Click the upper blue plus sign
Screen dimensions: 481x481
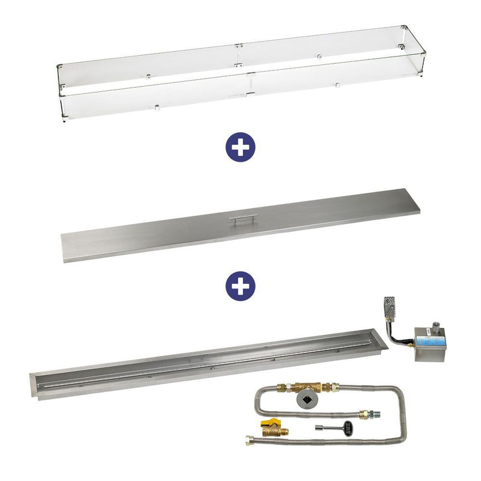pyautogui.click(x=240, y=147)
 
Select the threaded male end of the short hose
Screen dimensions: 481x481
pyautogui.click(x=376, y=414)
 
